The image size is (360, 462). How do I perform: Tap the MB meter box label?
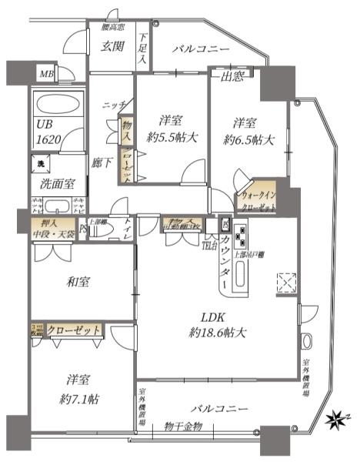pos(47,75)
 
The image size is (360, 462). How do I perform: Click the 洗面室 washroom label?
pos(52,185)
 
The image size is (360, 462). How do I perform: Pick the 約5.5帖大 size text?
pos(172,139)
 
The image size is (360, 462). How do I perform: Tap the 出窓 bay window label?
pos(233,76)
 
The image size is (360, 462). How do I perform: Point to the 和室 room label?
pos(78,282)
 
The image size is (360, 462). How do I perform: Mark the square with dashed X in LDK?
pos(286,283)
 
